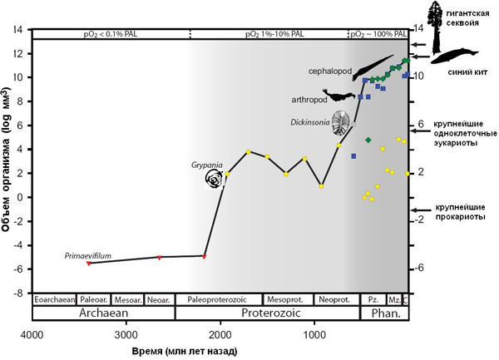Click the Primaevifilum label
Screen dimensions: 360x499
[87, 256]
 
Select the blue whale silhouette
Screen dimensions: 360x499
[453, 56]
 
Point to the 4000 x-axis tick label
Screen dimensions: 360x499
[32, 334]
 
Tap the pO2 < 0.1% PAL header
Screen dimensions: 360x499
[110, 33]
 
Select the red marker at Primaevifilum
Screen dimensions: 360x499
[89, 263]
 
